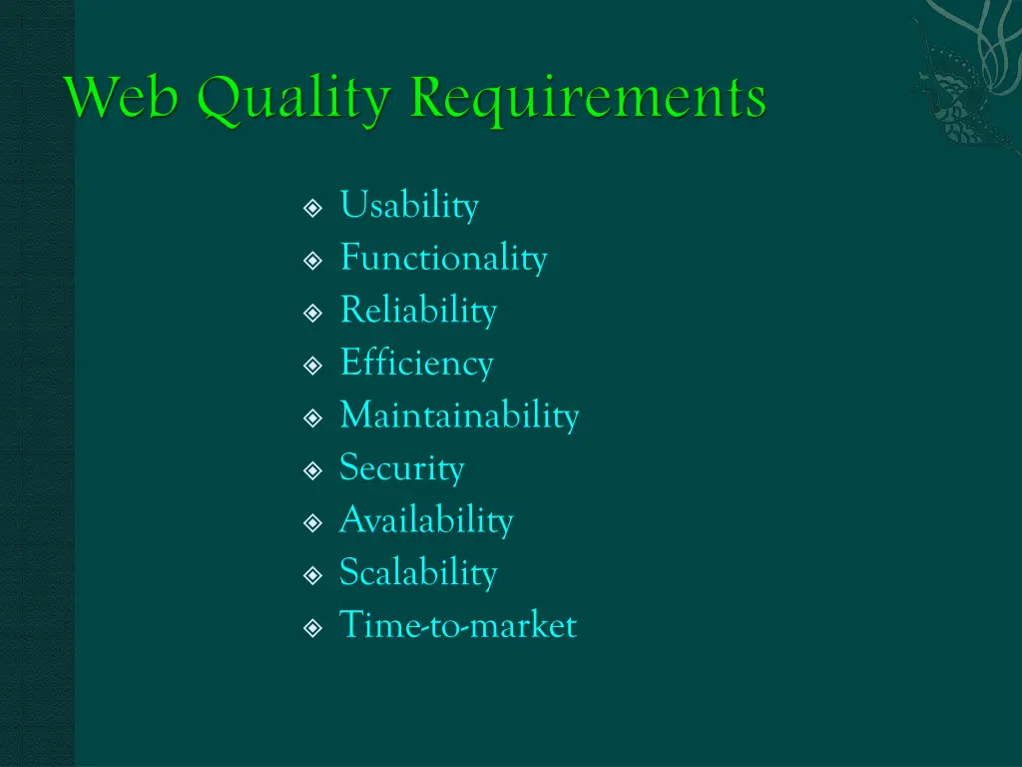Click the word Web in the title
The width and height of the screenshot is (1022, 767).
124,100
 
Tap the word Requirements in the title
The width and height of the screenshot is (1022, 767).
589,100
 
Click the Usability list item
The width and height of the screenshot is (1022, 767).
409,207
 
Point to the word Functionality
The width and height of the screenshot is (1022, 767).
443,259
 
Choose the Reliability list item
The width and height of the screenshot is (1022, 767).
418,311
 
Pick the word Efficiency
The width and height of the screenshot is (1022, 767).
416,364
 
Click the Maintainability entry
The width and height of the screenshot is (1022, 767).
459,415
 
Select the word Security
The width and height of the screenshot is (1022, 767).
401,468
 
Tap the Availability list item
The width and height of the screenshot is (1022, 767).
426,520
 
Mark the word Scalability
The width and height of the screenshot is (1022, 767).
418,573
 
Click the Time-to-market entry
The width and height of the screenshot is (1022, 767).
458,626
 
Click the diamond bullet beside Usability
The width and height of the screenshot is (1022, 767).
312,209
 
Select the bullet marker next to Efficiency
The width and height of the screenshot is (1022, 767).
312,366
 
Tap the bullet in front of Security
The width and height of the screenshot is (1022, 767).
312,470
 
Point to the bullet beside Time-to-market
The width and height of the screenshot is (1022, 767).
312,628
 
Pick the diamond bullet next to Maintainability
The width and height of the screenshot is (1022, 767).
312,417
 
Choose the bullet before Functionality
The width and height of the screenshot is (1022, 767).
312,261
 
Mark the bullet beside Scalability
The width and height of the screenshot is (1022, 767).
312,575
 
